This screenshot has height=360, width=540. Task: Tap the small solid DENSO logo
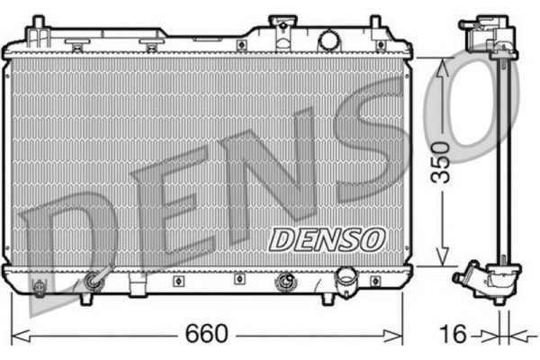click(327, 238)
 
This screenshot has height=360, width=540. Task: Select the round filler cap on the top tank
click(329, 39)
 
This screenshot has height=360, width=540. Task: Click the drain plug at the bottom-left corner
click(39, 287)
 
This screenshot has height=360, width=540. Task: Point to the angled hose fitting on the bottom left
click(93, 283)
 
